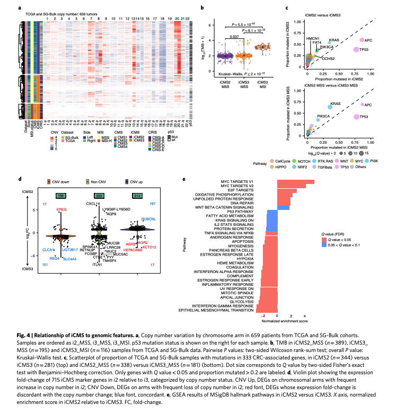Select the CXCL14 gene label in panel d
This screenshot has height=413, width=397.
[94, 203]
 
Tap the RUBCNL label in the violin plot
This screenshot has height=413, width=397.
[149, 218]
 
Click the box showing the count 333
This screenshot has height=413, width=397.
[99, 196]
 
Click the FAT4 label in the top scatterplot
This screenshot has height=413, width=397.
[317, 42]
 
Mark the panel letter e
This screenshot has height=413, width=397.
[183, 180]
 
